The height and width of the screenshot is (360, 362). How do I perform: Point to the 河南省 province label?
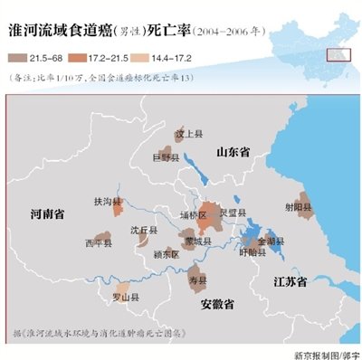(x=46, y=214)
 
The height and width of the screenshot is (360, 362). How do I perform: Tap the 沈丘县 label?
(x=144, y=231)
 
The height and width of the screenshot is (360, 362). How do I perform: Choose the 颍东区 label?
(x=166, y=254)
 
